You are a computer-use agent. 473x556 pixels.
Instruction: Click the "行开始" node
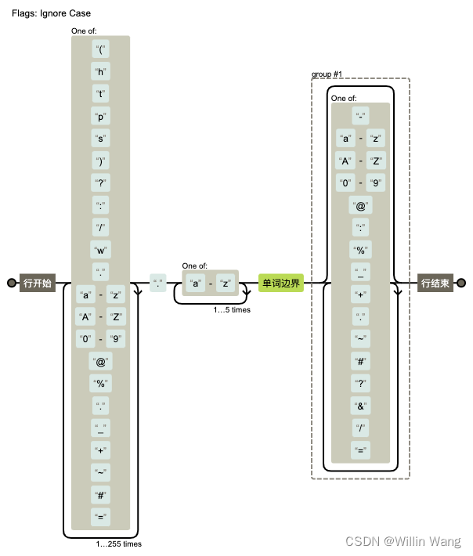38,283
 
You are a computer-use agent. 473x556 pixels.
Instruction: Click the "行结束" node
435,283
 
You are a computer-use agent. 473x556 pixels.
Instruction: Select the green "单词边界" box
281,283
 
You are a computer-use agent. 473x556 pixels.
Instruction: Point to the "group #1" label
327,74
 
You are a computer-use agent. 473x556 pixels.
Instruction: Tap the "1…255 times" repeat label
118,543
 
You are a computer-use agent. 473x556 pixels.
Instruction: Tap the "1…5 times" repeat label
232,310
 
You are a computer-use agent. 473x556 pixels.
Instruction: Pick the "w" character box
100,251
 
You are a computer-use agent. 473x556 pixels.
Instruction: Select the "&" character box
360,406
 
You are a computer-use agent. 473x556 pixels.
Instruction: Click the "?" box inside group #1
360,383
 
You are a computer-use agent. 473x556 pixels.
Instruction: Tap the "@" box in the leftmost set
100,362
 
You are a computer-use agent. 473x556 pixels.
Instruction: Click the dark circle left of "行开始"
11,283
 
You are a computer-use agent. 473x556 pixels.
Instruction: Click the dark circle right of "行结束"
461,283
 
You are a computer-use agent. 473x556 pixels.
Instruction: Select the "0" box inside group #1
345,183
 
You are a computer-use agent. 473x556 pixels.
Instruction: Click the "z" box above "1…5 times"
226,283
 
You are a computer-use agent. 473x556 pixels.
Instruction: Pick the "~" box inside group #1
360,338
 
